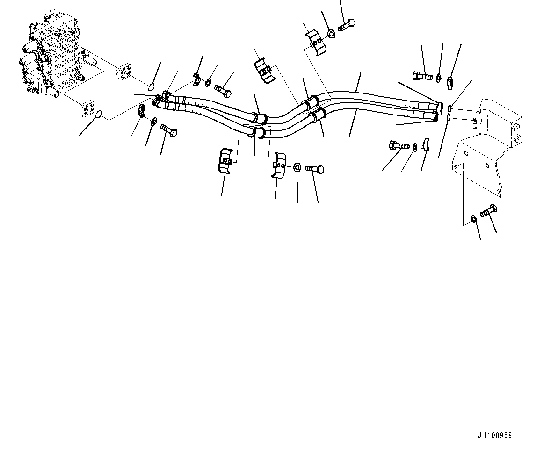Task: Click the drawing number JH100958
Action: pos(494,435)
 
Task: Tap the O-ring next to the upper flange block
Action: pos(150,86)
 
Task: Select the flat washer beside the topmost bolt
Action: pos(331,33)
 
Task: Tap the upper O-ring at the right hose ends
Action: pos(450,108)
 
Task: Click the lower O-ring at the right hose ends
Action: pos(448,117)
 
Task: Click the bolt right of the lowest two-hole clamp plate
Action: pos(315,168)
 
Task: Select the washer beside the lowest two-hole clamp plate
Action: pos(297,167)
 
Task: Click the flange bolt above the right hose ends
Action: pos(422,75)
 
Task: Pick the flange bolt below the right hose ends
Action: pos(398,146)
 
